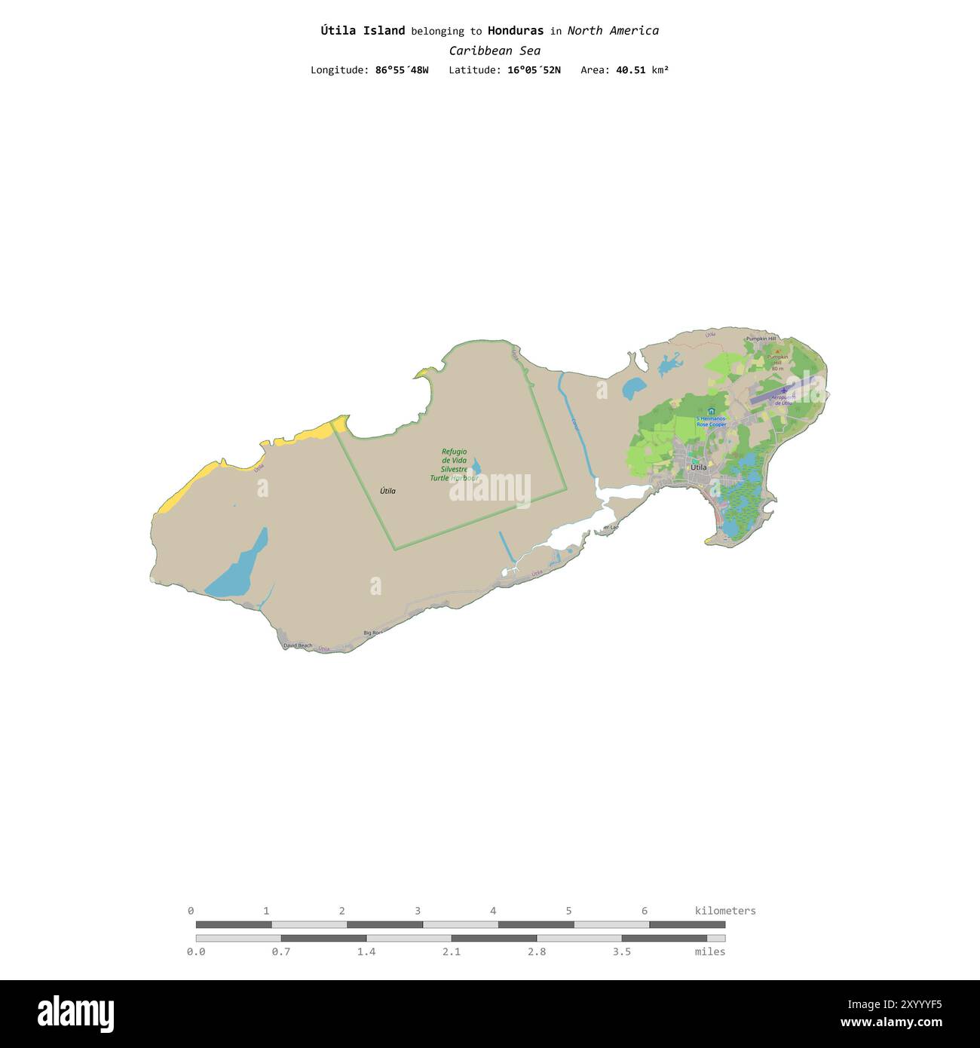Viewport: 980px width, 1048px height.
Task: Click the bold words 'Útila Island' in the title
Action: point(363,31)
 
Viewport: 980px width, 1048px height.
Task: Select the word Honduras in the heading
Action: point(515,31)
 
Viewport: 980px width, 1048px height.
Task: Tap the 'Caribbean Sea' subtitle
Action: point(495,51)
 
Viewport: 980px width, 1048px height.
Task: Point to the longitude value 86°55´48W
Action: point(402,70)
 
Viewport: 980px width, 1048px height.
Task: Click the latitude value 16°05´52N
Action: point(533,70)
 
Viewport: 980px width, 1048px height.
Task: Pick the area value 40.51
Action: point(630,70)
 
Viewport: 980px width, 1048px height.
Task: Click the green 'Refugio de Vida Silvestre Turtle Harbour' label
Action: point(455,465)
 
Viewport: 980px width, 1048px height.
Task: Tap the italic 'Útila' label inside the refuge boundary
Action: point(387,491)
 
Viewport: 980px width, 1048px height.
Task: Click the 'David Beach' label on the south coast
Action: point(297,645)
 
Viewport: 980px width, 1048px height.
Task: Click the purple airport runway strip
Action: point(785,391)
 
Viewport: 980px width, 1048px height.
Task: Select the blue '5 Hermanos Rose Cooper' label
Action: point(711,421)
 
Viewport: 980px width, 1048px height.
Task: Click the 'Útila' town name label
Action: point(700,467)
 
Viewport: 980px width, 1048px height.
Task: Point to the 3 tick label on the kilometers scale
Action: point(418,911)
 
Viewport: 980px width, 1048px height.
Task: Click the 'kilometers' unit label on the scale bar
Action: point(724,911)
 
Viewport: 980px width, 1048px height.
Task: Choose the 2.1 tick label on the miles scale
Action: point(452,951)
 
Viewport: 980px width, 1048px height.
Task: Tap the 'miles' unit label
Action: point(710,951)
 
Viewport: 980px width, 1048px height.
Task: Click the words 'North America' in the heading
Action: point(613,31)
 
